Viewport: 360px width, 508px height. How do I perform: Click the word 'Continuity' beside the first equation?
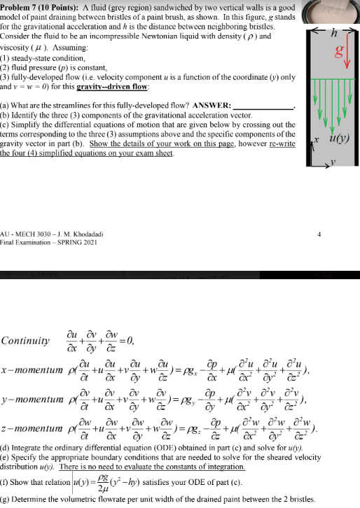click(25, 341)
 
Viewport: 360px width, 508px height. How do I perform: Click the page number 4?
click(319, 237)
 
